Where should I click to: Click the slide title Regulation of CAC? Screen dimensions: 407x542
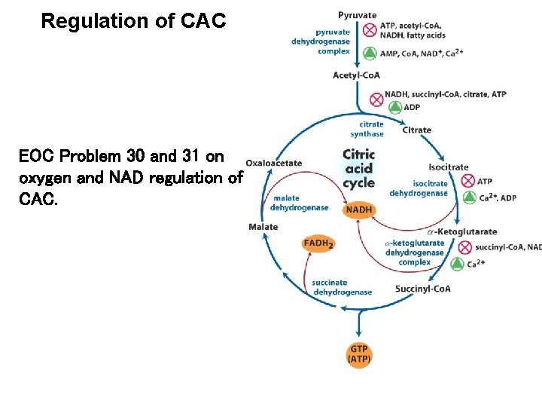133,21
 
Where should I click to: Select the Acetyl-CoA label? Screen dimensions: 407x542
356,75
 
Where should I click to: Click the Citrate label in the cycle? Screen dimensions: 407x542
416,130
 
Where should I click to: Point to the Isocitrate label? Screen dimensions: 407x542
448,167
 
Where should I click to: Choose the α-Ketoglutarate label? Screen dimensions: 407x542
461,231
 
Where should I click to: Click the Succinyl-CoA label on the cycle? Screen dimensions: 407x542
422,289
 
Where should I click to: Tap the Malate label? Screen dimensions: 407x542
263,227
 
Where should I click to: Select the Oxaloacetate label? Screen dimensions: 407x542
274,162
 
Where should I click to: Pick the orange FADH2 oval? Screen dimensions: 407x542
318,243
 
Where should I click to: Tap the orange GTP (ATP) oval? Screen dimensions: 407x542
359,354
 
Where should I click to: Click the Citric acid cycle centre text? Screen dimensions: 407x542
358,168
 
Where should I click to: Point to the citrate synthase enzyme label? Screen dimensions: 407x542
371,129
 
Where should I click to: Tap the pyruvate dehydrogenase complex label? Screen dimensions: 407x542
321,41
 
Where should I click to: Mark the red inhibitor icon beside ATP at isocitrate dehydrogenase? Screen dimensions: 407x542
467,181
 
